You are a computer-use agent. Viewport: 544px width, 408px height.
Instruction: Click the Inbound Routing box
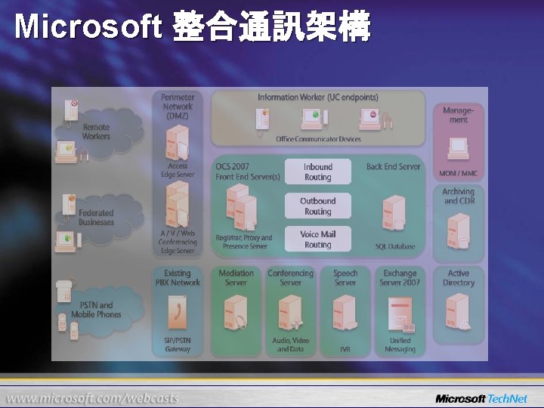[x=317, y=172]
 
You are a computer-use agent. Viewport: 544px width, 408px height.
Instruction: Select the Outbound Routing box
[x=317, y=206]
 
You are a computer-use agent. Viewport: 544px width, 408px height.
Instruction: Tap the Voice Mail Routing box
[x=317, y=240]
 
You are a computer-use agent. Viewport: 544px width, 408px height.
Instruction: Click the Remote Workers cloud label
[x=96, y=131]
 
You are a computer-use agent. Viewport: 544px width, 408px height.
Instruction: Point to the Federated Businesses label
[x=96, y=218]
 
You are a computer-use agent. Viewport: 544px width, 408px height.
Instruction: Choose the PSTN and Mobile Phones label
[x=96, y=310]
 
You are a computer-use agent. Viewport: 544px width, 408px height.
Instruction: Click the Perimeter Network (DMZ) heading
[x=178, y=107]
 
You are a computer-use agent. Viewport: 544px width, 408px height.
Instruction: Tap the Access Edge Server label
[x=178, y=170]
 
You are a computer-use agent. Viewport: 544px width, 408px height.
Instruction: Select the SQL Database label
[x=395, y=246]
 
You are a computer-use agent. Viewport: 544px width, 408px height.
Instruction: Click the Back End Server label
[x=393, y=166]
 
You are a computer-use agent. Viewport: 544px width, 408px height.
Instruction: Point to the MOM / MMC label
[x=458, y=174]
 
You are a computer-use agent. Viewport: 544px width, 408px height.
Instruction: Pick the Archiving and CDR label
[x=459, y=196]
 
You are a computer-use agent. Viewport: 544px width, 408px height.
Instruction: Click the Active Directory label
[x=459, y=278]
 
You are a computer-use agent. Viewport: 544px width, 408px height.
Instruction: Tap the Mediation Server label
[x=236, y=278]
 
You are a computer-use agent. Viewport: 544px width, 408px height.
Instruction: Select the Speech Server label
[x=345, y=278]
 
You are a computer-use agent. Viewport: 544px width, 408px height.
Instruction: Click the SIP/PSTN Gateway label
[x=178, y=345]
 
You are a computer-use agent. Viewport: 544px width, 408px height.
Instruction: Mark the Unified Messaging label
[x=400, y=345]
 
